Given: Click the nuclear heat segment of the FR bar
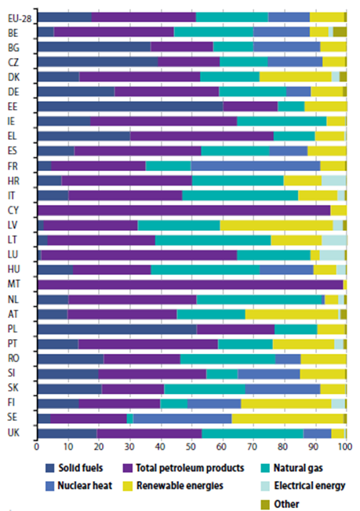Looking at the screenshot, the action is (256, 166).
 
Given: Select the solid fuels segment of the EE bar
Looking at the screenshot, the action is (130, 106).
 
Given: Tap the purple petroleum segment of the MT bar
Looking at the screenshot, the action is (191, 284).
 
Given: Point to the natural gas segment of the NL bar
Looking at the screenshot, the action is (259, 299).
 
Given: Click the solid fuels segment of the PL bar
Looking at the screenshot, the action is (117, 329).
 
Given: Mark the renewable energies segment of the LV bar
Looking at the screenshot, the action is (276, 225).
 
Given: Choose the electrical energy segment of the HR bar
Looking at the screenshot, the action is (333, 181).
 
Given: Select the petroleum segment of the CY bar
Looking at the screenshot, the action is (184, 210).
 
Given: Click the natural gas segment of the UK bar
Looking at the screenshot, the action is (253, 433).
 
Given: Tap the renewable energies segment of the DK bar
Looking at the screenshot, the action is (295, 77).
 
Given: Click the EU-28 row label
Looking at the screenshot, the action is (20, 18).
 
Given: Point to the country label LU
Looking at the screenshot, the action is (13, 254).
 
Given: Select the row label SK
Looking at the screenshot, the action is (13, 388).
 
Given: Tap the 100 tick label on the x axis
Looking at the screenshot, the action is (345, 447).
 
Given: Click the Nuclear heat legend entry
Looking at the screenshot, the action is (78, 486).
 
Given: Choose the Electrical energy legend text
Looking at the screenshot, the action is (310, 486).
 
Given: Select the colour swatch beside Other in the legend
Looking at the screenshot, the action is (265, 505).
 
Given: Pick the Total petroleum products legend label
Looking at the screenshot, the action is (190, 468).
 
